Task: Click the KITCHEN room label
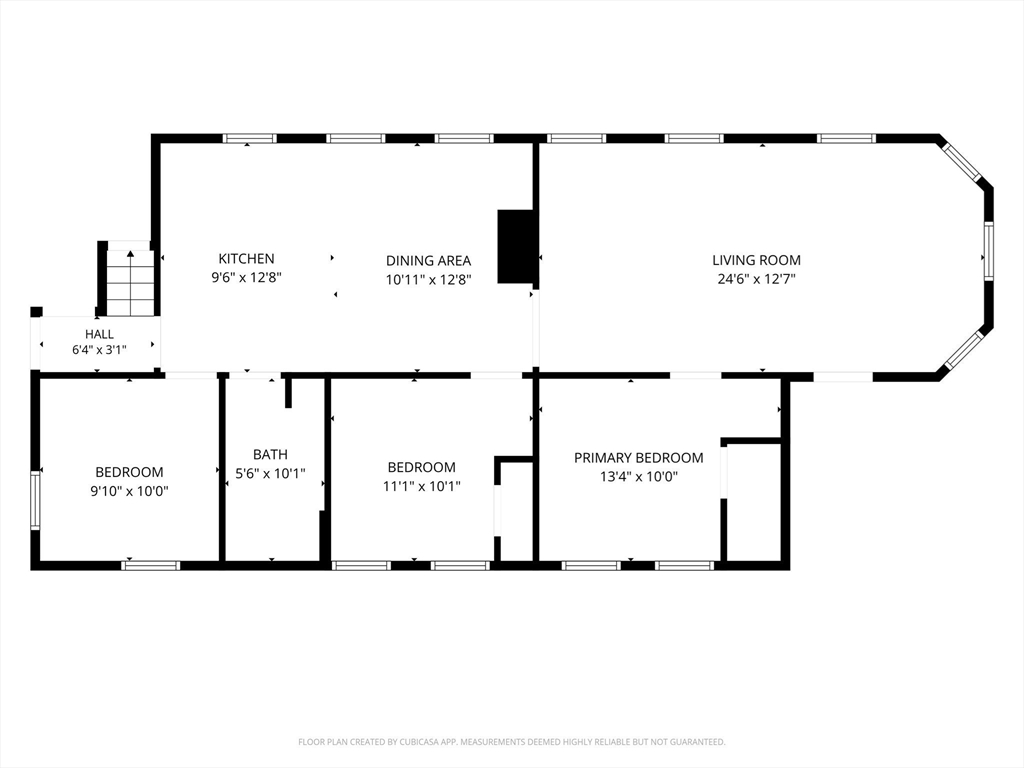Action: tap(246, 259)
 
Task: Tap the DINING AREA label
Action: tap(428, 261)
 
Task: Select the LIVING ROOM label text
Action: tap(756, 260)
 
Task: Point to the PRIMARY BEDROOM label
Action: tap(639, 458)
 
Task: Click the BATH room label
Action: tap(270, 455)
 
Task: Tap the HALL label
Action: tap(99, 334)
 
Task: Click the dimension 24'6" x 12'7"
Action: tap(756, 279)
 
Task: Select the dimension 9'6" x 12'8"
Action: tap(246, 278)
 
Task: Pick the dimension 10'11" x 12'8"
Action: tap(428, 280)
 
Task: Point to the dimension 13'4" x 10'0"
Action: tap(639, 477)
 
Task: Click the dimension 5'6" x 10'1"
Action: tap(270, 473)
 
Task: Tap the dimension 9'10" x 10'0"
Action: tap(129, 491)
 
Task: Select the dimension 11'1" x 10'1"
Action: tap(422, 487)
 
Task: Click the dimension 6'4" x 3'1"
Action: tap(99, 350)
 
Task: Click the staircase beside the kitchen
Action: tap(131, 282)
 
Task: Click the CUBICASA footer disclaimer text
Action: tap(512, 742)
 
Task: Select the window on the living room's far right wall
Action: tap(988, 251)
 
